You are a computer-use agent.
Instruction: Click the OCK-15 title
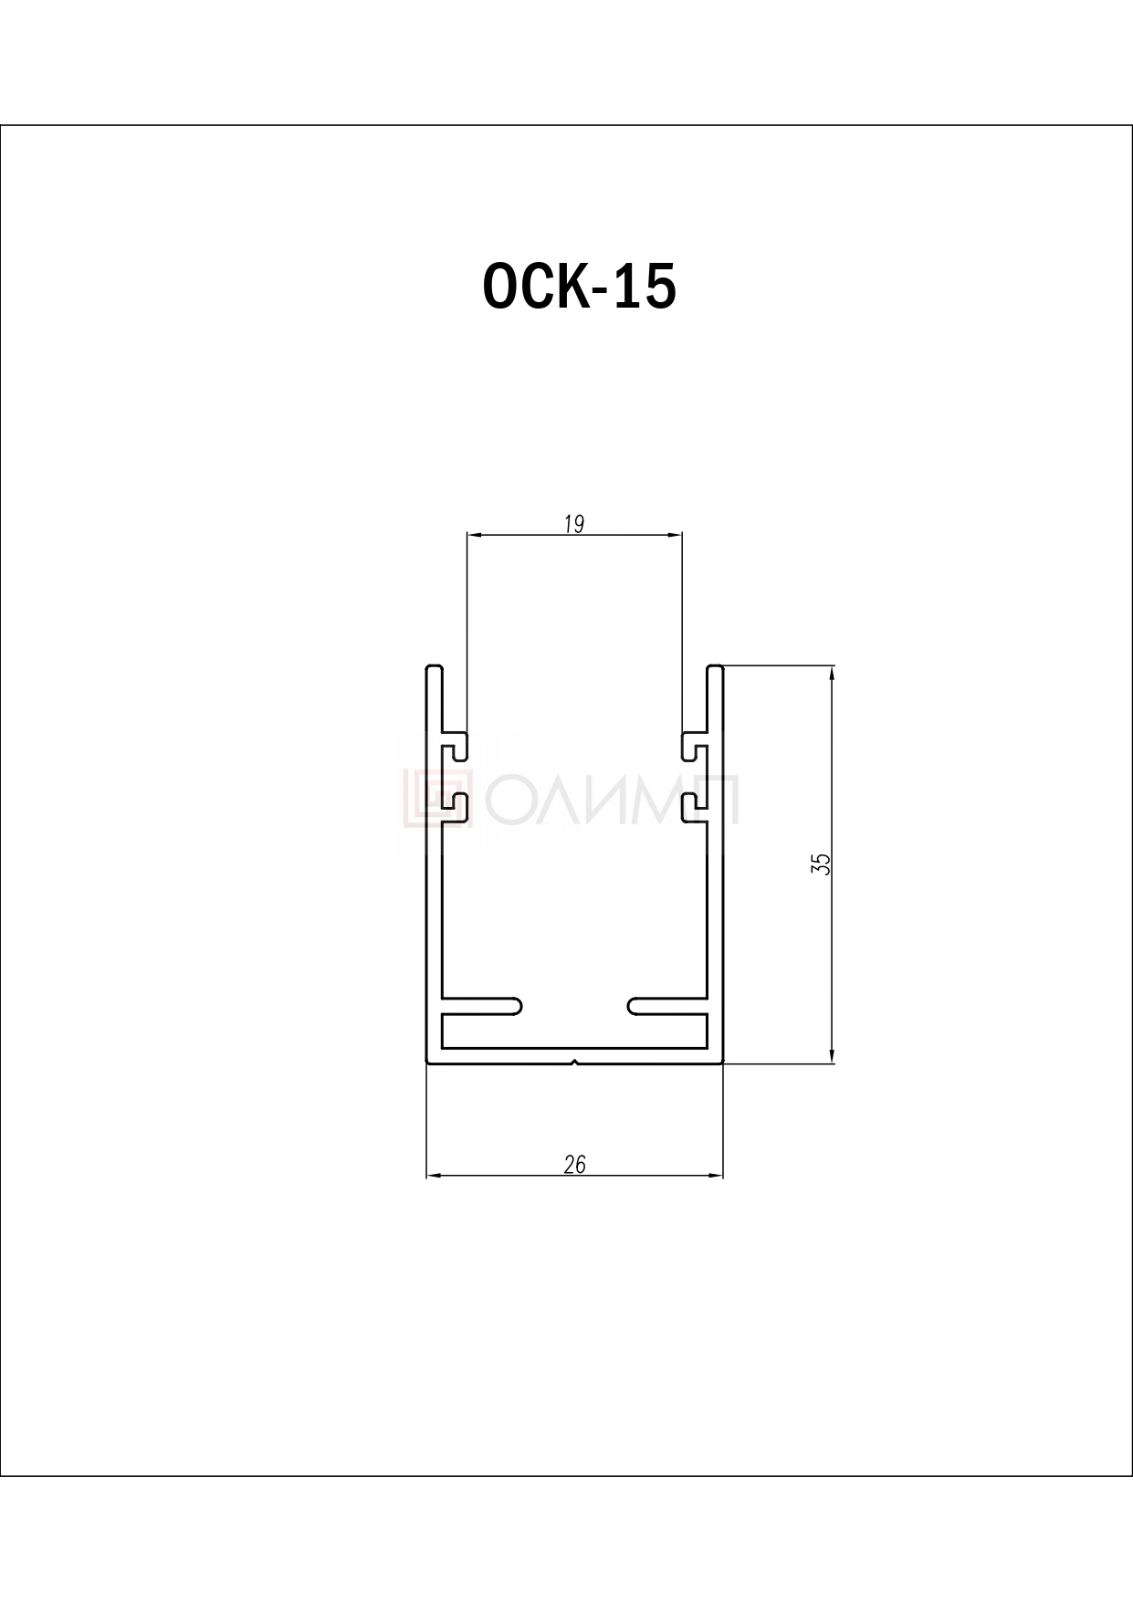[579, 286]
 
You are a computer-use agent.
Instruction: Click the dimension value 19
[574, 524]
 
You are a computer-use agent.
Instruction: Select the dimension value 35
[821, 864]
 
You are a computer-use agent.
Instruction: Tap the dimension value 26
[575, 1165]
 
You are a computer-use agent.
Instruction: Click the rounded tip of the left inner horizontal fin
[519, 1005]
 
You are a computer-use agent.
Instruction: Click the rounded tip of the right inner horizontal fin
[632, 1005]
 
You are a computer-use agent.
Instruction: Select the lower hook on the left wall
[456, 806]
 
